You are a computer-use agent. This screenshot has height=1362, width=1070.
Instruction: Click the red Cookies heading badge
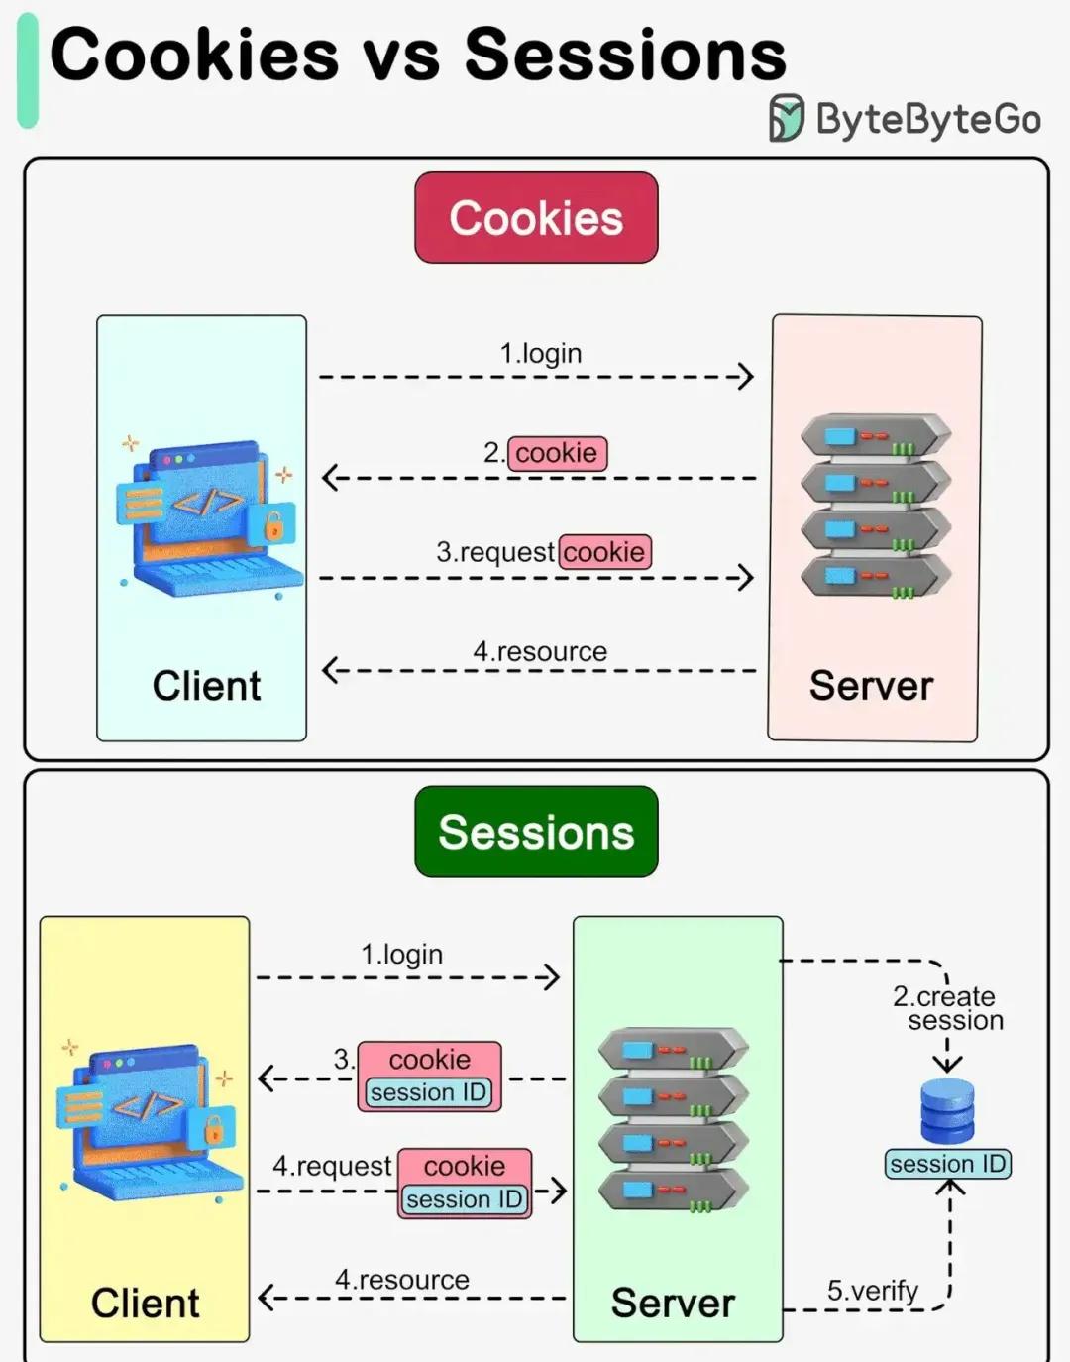point(536,217)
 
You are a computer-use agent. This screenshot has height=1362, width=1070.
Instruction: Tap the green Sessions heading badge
point(536,831)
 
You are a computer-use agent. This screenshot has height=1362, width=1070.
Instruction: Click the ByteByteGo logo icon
point(787,118)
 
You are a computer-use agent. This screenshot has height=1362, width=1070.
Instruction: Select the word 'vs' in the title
point(401,56)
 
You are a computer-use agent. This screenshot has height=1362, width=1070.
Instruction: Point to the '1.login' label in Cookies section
point(541,354)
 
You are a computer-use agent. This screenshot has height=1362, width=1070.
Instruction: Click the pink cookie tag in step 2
point(557,453)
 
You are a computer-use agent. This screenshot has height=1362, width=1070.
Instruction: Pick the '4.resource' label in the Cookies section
point(540,652)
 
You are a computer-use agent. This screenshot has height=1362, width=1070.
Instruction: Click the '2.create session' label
point(948,1008)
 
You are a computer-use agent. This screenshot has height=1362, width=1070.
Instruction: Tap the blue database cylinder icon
point(947,1109)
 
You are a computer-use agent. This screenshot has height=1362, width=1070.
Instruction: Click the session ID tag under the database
point(948,1164)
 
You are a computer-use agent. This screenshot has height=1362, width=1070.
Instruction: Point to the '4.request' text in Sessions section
point(332,1167)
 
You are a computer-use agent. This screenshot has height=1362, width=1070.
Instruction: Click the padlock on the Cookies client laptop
point(273,525)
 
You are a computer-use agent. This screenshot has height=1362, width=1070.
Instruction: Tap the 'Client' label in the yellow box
point(146,1304)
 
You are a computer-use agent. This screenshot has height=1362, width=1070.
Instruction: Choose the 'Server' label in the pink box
point(871,685)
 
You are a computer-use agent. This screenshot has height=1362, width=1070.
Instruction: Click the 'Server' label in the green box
point(672,1304)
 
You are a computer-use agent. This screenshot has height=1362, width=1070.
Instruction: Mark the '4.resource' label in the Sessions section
point(401,1280)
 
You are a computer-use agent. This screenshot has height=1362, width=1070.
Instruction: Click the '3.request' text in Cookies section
point(495,553)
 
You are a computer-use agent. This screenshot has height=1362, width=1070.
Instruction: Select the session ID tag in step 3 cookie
point(429,1092)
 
